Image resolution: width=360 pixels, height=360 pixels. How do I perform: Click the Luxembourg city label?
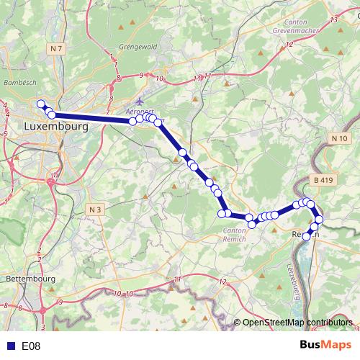click(55, 126)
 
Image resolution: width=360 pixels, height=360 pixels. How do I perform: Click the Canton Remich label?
click(235, 234)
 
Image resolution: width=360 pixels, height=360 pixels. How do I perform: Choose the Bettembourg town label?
click(30, 278)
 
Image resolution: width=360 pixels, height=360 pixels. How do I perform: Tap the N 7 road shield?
click(58, 48)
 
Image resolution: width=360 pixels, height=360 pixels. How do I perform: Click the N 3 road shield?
click(96, 209)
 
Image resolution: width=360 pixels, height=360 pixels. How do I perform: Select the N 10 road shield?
click(340, 138)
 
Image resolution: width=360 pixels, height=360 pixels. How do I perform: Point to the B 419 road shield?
click(325, 179)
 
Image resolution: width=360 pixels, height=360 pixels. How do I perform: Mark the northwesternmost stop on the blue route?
click(42, 104)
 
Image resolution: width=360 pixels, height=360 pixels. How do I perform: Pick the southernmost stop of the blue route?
click(307, 236)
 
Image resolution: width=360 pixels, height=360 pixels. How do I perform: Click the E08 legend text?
click(31, 346)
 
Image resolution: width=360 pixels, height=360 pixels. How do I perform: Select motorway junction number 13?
click(333, 19)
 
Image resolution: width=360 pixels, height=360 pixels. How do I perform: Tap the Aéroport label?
click(140, 113)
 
